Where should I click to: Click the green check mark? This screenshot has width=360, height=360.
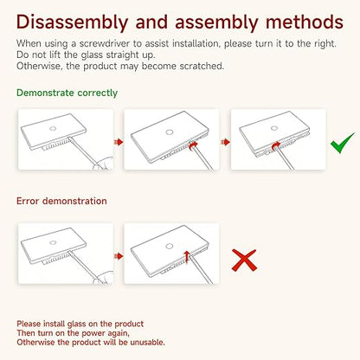tap(343, 143)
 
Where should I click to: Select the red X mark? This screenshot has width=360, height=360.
tap(244, 260)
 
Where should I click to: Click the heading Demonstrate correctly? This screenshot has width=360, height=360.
tap(67, 93)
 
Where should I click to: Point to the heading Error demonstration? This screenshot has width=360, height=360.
tap(61, 201)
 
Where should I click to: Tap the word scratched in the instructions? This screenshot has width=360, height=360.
tap(202, 66)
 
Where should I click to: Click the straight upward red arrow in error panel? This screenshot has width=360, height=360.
tap(187, 257)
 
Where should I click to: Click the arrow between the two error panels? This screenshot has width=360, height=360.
tap(119, 256)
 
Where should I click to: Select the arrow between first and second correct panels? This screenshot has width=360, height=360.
tap(119, 142)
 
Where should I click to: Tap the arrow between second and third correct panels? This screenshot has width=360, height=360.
tap(226, 142)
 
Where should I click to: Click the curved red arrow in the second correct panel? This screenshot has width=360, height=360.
tap(194, 145)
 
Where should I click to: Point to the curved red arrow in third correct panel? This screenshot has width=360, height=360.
tap(276, 145)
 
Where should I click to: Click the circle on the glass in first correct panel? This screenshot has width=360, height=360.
tap(53, 128)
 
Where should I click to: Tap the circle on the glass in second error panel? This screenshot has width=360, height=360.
tap(170, 247)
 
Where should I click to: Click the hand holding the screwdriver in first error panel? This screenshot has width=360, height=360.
tap(103, 277)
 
